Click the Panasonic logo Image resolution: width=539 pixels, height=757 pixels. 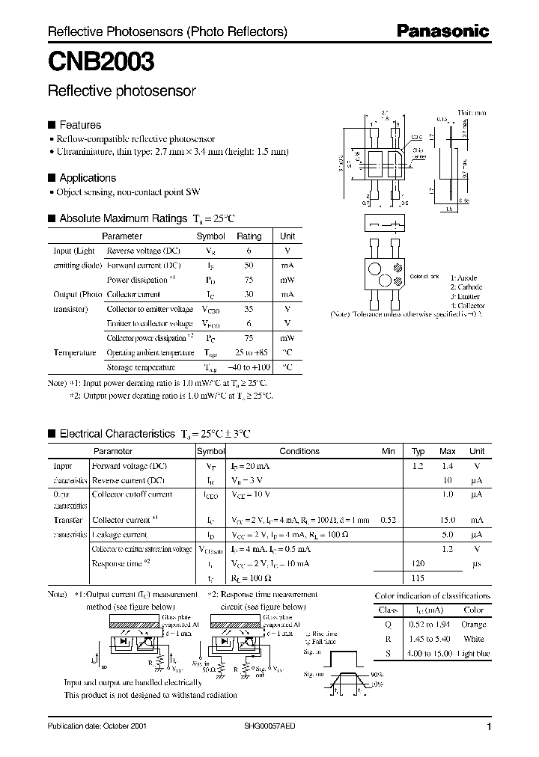442,31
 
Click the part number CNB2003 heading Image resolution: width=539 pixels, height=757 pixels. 101,61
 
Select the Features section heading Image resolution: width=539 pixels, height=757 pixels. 79,125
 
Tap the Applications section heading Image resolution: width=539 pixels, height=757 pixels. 87,178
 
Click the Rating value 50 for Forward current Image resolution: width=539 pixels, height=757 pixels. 249,266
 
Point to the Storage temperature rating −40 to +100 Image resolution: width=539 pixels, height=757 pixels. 249,367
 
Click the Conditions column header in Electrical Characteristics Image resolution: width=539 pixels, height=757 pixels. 299,451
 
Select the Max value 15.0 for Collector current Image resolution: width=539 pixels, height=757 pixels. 447,520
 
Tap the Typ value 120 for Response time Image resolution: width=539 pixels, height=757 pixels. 418,563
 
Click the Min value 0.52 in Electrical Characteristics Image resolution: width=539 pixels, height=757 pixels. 388,520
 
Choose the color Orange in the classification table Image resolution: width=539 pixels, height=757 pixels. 472,624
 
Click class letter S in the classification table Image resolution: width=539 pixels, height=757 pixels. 386,653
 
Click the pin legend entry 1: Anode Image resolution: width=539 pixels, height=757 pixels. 464,278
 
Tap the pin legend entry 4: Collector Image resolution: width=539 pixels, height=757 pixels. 467,305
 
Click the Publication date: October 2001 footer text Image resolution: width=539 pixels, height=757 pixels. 97,726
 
